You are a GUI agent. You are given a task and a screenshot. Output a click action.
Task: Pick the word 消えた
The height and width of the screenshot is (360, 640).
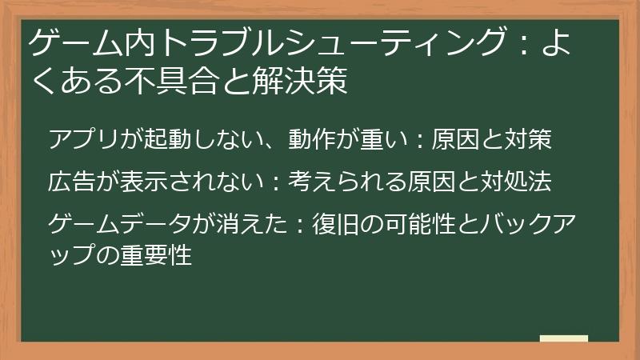[243, 222]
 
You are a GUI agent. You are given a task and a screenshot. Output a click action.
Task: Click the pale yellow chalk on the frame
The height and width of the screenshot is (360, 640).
[563, 338]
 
